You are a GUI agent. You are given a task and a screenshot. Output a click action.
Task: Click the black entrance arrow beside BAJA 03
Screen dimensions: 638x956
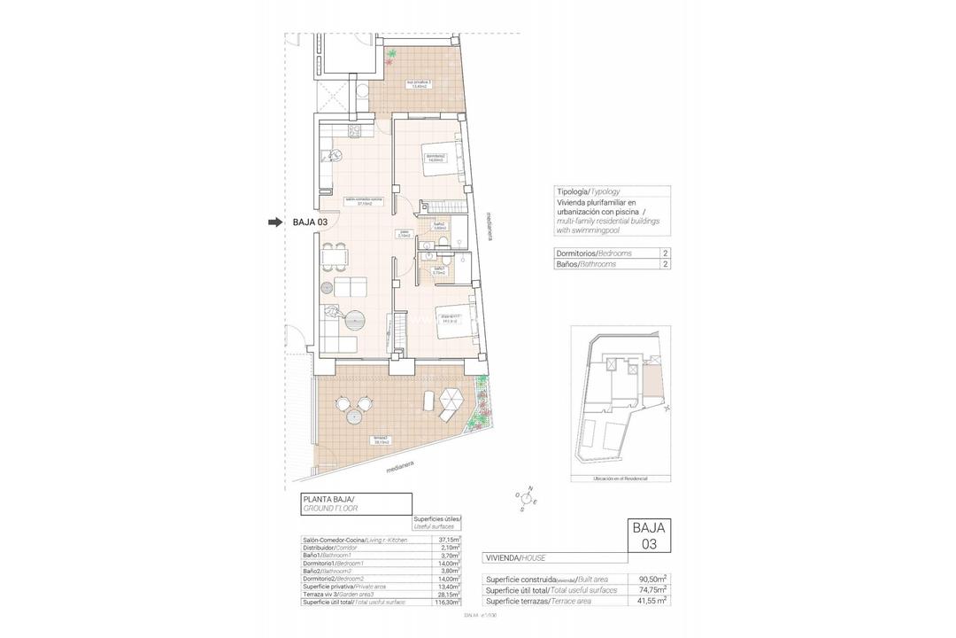pos(276,222)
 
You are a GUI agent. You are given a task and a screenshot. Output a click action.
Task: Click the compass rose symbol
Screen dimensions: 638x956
pos(525,501)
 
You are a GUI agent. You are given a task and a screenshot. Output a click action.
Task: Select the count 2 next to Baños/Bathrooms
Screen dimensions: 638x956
pos(664,264)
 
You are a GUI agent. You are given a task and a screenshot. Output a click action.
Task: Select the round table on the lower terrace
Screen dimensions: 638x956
pos(353,407)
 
